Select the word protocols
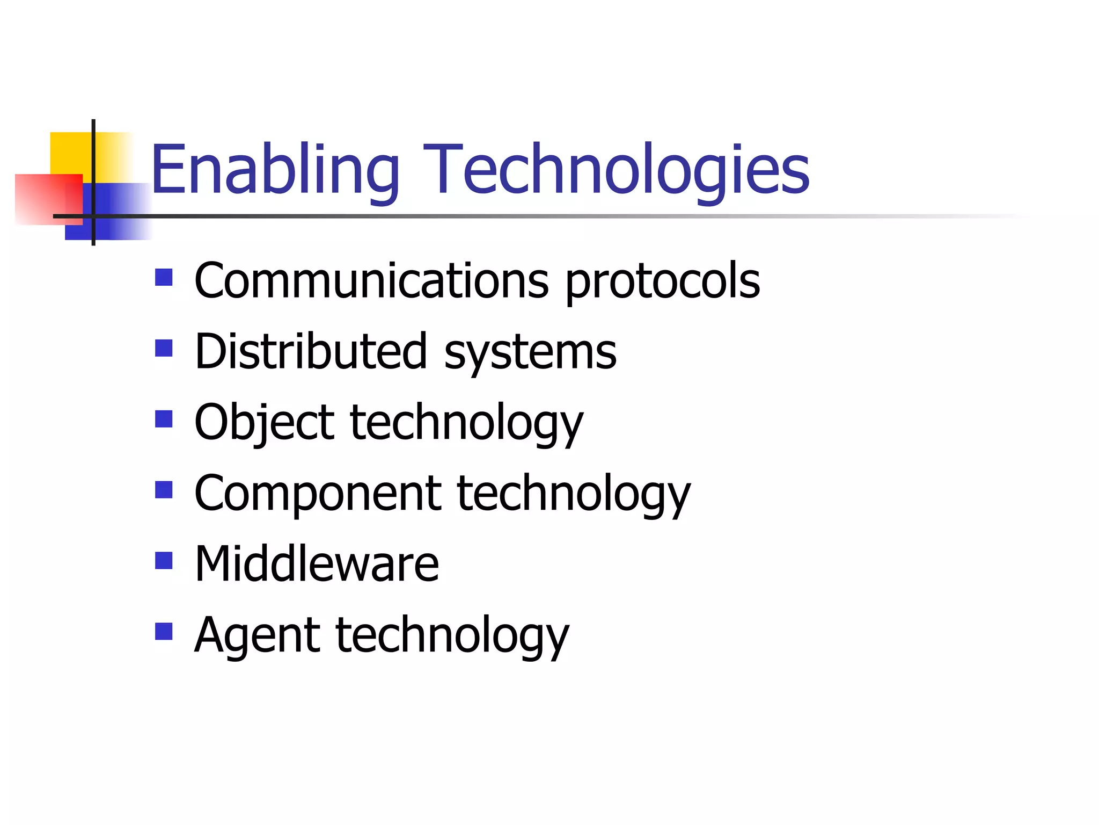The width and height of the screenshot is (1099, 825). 663,282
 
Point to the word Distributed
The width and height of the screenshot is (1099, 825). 311,352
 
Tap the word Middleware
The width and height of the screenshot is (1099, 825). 317,564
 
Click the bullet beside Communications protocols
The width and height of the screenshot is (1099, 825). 164,278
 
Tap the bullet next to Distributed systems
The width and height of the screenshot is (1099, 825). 164,349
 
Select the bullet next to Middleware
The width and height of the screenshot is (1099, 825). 164,561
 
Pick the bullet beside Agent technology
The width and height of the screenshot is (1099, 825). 164,632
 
